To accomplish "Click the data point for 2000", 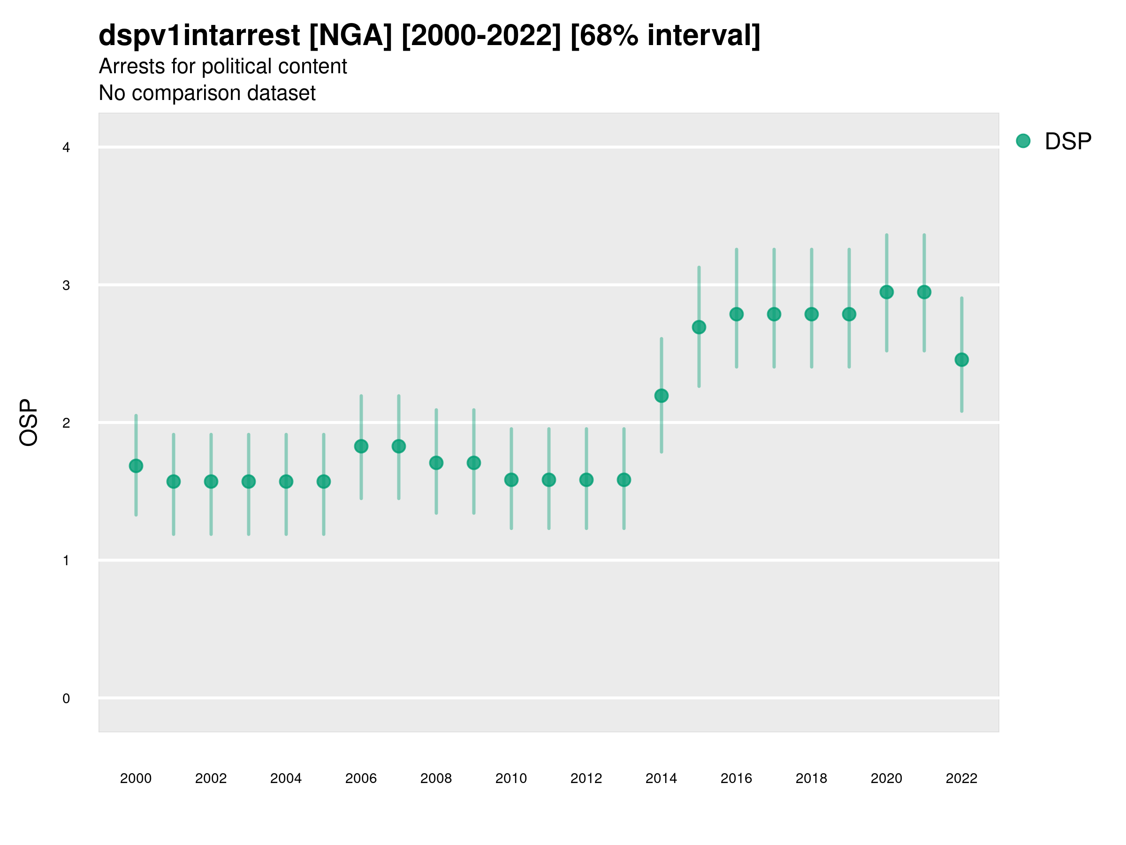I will click(136, 466).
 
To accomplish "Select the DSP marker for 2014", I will click(661, 396).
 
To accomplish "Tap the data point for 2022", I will click(962, 360).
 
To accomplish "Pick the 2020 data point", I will click(887, 292).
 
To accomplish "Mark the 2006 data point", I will click(361, 446).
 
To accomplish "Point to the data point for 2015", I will click(699, 327).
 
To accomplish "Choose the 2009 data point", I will click(474, 462).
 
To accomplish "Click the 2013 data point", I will click(624, 480).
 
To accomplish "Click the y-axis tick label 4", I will click(66, 148).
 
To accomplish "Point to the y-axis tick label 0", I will click(66, 699).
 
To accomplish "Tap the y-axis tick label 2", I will click(66, 423).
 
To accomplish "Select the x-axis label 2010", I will click(511, 778).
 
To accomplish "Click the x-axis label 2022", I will click(962, 778).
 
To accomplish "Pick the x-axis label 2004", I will click(286, 778).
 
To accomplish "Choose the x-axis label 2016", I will click(737, 778).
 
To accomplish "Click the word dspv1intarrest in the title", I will click(199, 36).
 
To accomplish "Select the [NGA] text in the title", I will click(351, 36).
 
